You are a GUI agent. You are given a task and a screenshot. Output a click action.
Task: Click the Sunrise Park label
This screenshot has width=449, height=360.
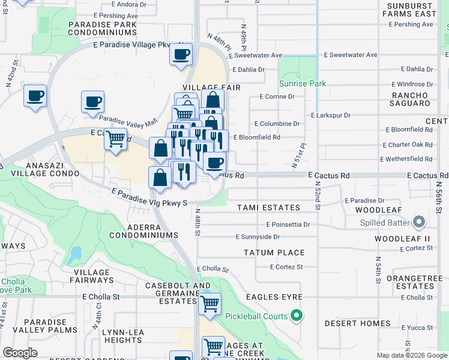(303, 83)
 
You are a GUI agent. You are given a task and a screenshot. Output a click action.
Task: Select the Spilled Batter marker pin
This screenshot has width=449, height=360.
(420, 223)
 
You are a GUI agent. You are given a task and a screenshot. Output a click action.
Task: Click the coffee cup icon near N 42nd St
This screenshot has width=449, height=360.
(35, 95)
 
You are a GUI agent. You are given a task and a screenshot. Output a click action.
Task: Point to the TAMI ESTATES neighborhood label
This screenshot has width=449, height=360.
(268, 208)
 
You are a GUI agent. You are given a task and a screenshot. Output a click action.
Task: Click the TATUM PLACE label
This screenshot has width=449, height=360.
(274, 253)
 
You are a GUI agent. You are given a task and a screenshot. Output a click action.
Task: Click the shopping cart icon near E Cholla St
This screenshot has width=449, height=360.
(209, 304)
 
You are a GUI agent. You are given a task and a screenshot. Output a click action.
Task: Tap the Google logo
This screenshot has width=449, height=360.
(20, 352)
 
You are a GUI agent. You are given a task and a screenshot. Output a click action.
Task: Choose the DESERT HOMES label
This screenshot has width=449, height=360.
(357, 323)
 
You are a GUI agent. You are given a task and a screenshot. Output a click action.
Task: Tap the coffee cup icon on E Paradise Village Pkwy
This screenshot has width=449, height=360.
(181, 55)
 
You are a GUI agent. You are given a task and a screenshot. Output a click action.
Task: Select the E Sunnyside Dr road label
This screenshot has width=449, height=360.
(258, 237)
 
